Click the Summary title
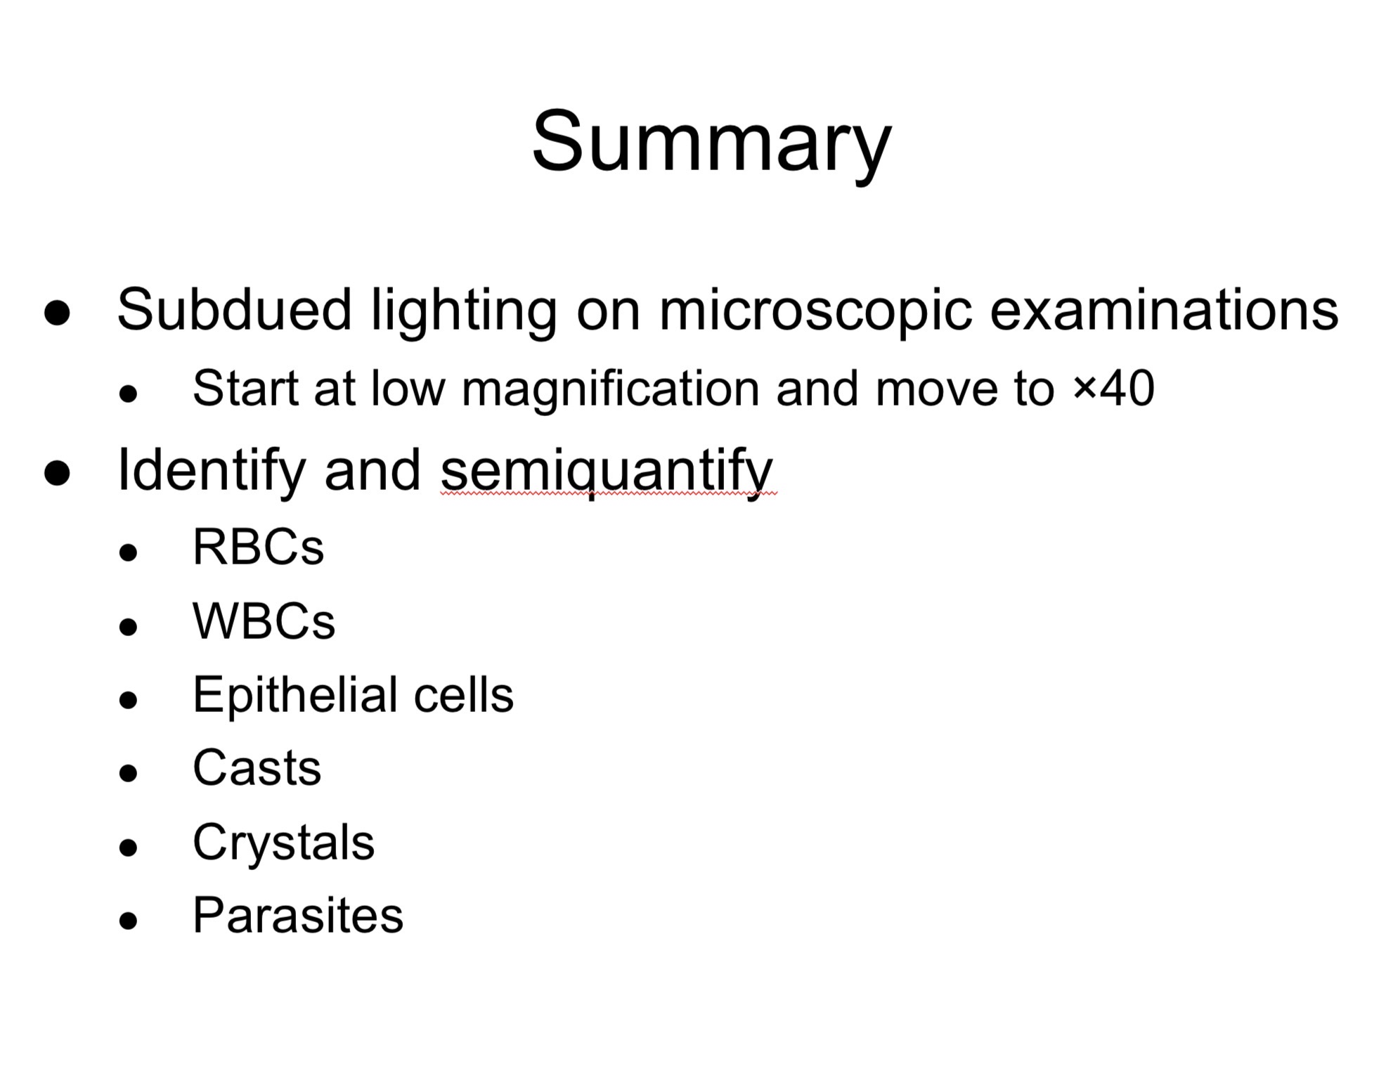click(711, 143)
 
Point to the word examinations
click(1163, 310)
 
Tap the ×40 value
click(1113, 388)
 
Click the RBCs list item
click(258, 547)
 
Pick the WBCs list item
click(264, 621)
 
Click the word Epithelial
click(295, 695)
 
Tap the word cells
click(464, 695)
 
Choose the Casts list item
click(257, 768)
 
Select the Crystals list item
click(283, 843)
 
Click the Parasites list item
click(298, 916)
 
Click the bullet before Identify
click(57, 473)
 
